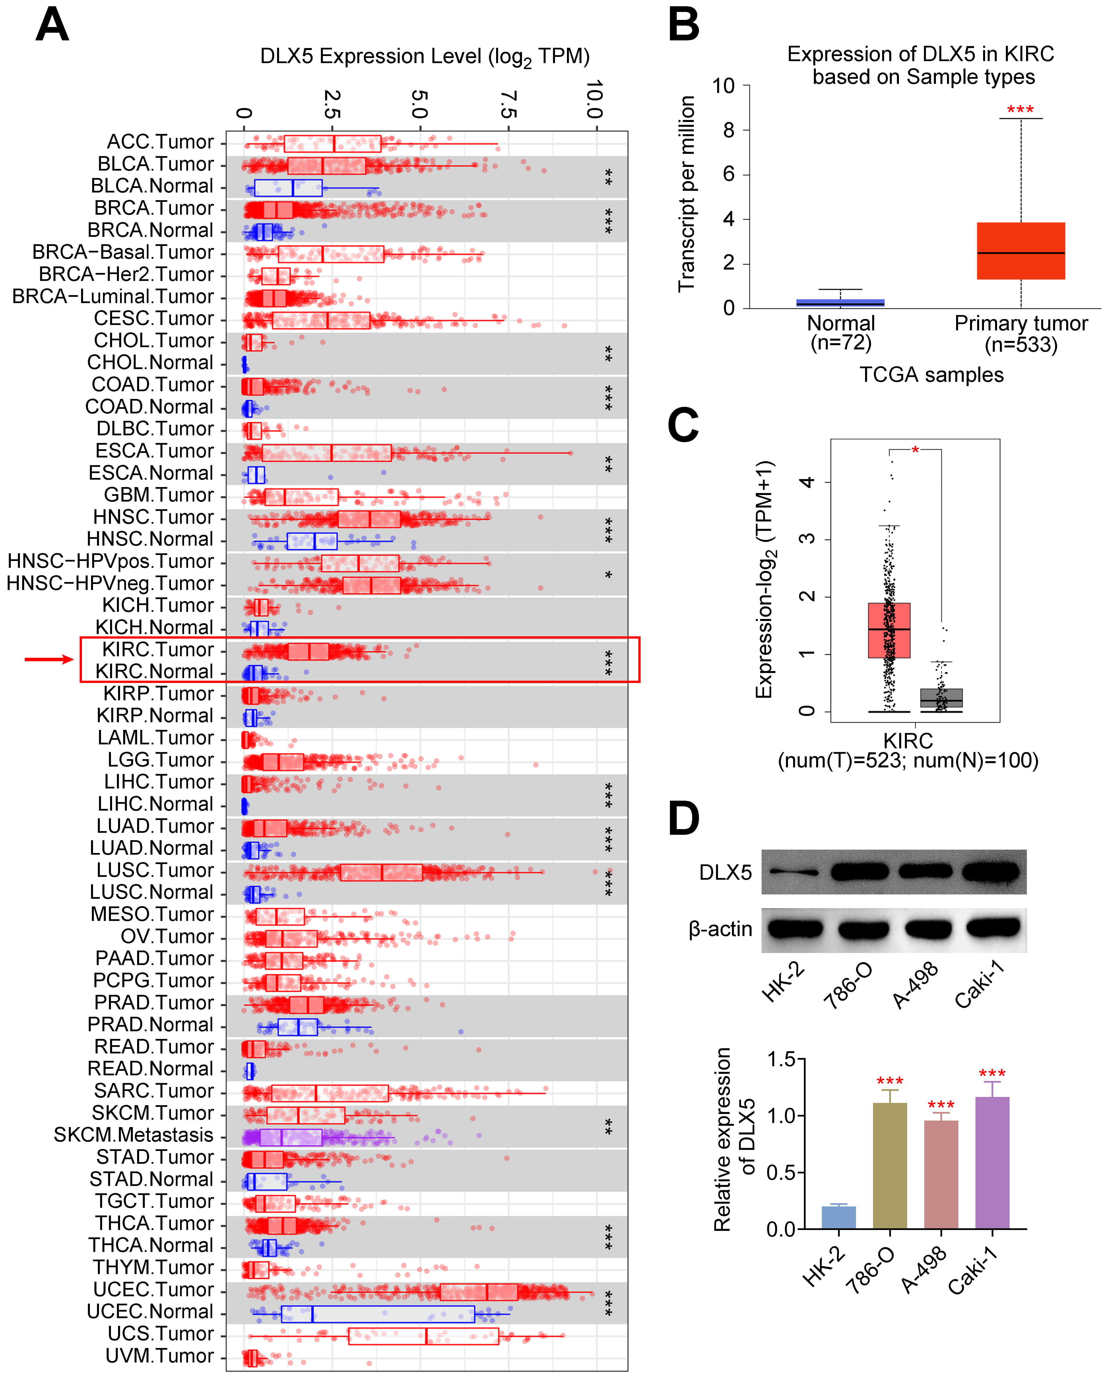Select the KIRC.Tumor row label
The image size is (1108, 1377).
pos(158,649)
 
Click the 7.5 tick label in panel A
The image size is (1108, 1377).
pos(508,104)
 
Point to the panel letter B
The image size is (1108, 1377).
pos(684,26)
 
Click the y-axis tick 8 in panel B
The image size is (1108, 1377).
pos(729,130)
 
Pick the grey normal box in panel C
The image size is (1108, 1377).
pos(941,698)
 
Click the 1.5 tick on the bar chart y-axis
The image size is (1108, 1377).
pos(781,1060)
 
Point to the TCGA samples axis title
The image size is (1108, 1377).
pos(931,375)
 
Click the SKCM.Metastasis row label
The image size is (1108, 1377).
pos(133,1135)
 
